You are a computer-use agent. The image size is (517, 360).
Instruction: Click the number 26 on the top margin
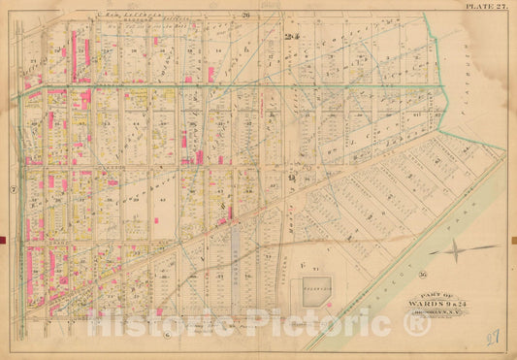click(x=246, y=16)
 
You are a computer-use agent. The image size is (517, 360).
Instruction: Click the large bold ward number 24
click(x=290, y=38)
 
